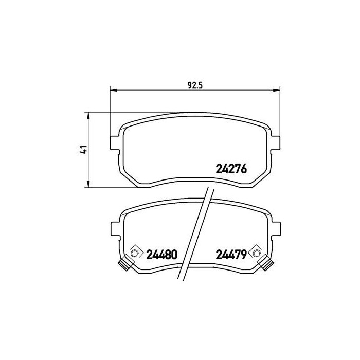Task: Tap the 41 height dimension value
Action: point(82,149)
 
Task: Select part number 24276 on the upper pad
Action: point(231,169)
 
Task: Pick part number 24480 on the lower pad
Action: point(161,254)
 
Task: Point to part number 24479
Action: point(230,254)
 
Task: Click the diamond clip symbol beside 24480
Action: point(135,253)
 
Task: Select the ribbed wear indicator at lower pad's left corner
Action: point(124,265)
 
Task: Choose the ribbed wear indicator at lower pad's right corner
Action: point(267,265)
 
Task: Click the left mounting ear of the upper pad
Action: point(115,141)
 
